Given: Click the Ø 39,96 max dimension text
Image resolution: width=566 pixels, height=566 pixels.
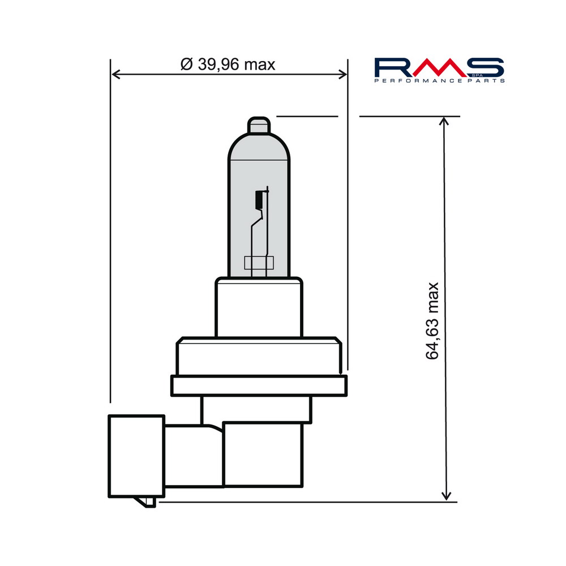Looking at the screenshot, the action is (x=228, y=65).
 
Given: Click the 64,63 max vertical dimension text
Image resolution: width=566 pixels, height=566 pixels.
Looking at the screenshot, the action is (x=432, y=321).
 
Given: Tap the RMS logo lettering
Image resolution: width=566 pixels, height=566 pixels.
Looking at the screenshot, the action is (x=439, y=67).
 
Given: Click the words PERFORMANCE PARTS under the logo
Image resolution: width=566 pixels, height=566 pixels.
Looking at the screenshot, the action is (x=439, y=81).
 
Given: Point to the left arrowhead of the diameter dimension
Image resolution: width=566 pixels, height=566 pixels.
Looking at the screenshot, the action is (x=115, y=75).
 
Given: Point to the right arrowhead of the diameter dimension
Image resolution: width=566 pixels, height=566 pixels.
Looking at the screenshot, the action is (x=342, y=75).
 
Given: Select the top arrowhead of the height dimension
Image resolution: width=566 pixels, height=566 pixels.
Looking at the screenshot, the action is (x=444, y=121).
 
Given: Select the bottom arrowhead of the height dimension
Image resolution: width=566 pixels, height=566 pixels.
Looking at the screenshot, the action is (x=447, y=497).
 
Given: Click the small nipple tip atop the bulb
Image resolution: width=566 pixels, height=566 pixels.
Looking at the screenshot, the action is (x=259, y=125).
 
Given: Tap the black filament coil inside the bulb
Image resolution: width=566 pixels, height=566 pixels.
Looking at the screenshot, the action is (x=259, y=200).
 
